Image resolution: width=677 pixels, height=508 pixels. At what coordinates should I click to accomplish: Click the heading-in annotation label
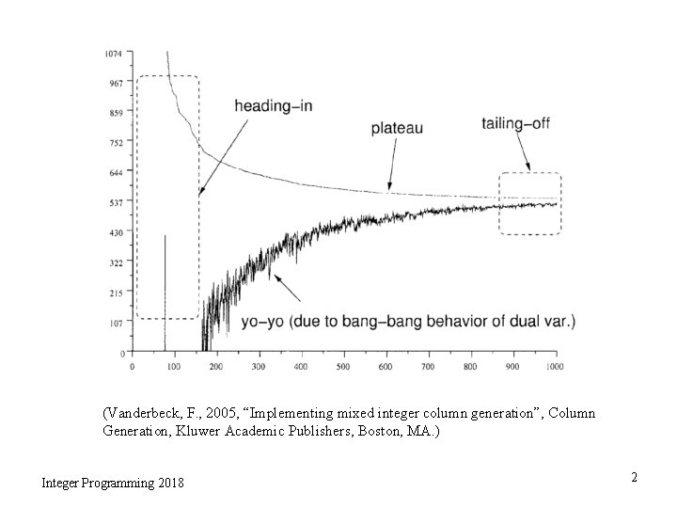273,105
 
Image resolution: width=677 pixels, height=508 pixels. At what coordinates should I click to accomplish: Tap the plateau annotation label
395,127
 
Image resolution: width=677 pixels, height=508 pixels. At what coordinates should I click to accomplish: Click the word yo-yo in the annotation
262,322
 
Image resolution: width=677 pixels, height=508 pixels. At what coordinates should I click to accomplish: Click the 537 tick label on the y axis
115,202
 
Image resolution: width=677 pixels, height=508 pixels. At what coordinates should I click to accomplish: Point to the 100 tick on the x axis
174,366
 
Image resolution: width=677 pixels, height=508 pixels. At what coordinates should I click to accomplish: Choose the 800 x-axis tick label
470,366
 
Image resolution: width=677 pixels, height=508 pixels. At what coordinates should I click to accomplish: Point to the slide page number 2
634,478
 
